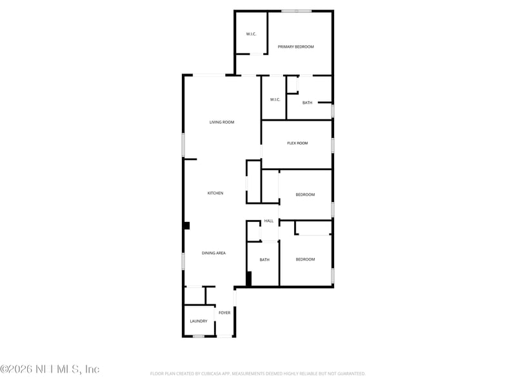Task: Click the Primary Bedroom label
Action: pos(295,47)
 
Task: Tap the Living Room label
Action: pos(221,122)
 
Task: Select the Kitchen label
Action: pos(215,193)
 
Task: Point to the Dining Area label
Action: pos(213,253)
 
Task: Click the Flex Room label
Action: pos(297,143)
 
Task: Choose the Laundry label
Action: pos(199,321)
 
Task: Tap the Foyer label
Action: pos(224,313)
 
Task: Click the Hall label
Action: pos(269,221)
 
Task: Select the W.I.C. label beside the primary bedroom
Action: pos(252,34)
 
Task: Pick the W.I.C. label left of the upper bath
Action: pos(275,99)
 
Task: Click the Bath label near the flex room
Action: pos(307,103)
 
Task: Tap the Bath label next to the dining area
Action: pos(264,260)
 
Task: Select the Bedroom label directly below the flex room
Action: pos(305,195)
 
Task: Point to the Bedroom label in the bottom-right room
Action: pos(305,259)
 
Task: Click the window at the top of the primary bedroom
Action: pos(296,11)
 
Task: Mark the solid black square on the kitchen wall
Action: pos(187,226)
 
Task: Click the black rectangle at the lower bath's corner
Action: pos(248,279)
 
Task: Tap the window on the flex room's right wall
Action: pos(333,145)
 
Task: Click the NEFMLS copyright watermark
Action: pos(50,370)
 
